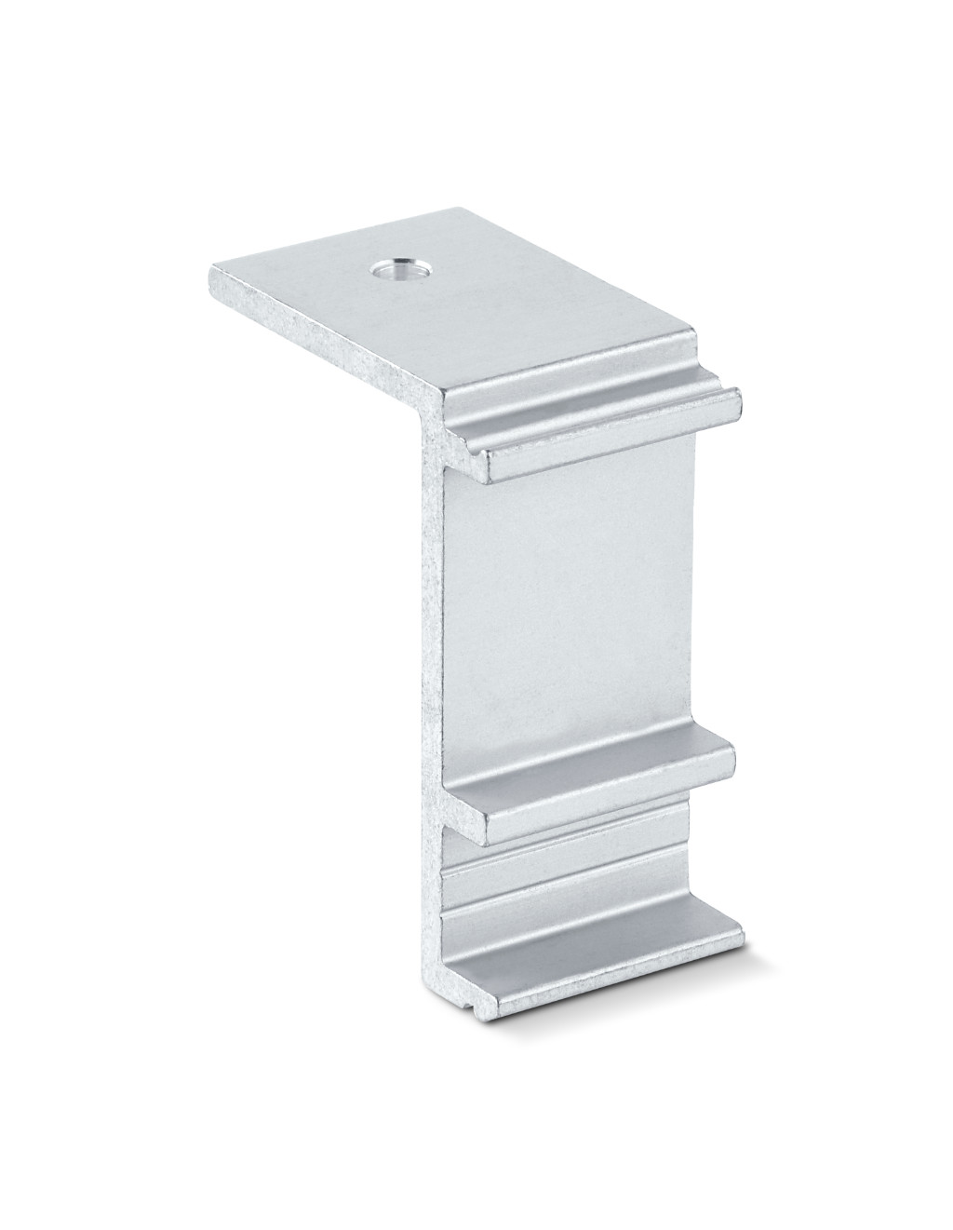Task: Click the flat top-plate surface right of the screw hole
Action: pos(521,298)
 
